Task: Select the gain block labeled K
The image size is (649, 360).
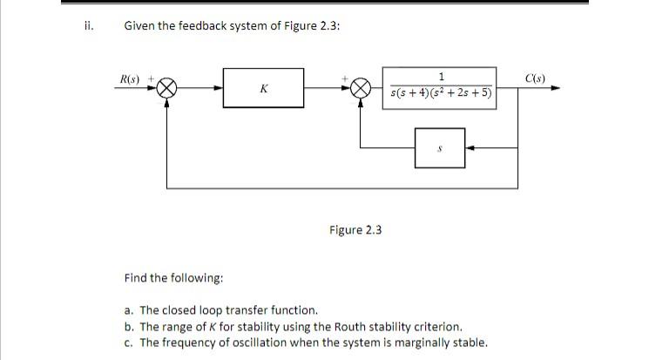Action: (x=263, y=88)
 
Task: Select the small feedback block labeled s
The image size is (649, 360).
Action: (x=440, y=148)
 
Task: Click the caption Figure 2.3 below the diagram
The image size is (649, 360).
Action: (x=355, y=229)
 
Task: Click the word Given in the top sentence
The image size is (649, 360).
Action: (x=139, y=26)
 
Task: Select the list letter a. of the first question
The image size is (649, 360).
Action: (x=129, y=309)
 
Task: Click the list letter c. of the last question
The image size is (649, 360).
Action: (x=129, y=342)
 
